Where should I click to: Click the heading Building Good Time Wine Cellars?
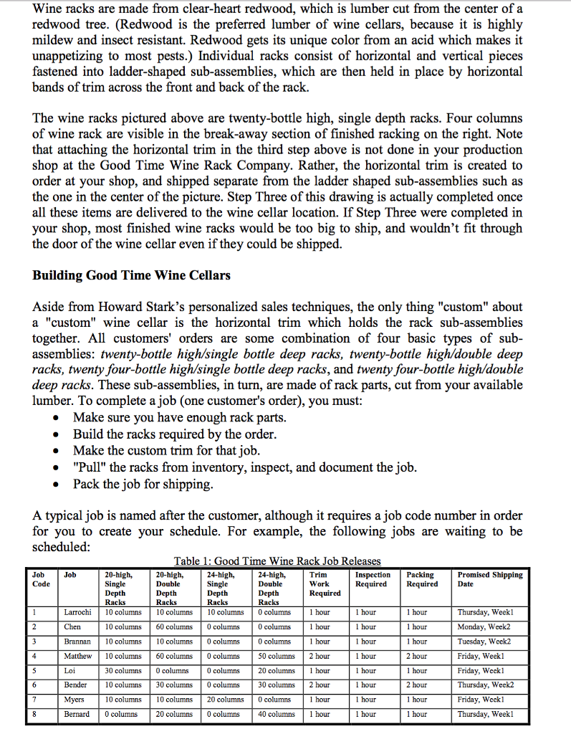[131, 275]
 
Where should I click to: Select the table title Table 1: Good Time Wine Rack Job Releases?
[277, 561]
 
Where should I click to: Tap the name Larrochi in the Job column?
[77, 612]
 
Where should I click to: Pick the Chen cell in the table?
[72, 626]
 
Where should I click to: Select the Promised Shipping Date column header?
[490, 579]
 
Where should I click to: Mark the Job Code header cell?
[41, 579]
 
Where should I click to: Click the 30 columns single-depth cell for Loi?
[123, 670]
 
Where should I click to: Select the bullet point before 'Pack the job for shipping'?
[55, 485]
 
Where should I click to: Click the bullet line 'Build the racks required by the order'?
[174, 434]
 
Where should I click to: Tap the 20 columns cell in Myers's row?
[225, 699]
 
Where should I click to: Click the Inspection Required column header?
[373, 579]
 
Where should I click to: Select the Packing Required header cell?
[422, 579]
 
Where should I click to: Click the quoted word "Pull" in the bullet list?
[88, 467]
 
